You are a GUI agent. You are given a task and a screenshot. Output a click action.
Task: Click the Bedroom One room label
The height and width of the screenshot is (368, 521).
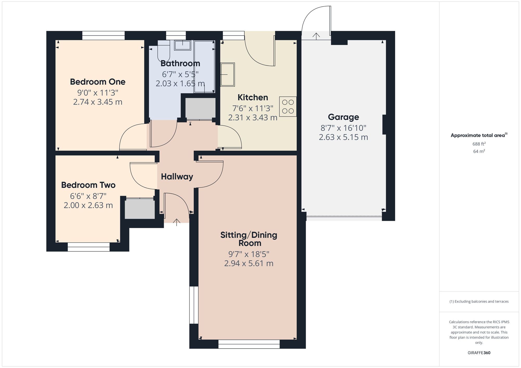pos(98,82)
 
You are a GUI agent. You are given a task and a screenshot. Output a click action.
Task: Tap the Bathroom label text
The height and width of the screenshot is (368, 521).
pos(180,63)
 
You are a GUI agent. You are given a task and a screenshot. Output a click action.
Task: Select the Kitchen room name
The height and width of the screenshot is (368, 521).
pos(253,97)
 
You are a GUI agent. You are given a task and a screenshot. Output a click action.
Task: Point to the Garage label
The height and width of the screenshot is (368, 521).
pos(343,117)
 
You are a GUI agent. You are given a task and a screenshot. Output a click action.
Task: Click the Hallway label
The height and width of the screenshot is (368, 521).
pos(177,177)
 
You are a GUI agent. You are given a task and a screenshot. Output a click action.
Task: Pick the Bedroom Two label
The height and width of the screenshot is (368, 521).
pos(88,185)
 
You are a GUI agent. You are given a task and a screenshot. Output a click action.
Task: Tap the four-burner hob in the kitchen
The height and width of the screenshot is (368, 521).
pos(288,107)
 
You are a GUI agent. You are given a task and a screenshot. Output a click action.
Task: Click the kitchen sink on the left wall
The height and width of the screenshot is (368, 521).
pos(228,74)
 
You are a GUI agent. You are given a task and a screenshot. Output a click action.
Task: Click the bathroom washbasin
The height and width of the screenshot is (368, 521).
pos(183,45)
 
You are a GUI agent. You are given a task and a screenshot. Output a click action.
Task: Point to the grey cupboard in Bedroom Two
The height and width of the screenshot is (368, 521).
pos(140,208)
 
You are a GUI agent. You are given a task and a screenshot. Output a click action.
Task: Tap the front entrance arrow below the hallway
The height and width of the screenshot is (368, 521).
pos(177,222)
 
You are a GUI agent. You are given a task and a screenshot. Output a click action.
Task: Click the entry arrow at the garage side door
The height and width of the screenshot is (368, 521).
pos(316,36)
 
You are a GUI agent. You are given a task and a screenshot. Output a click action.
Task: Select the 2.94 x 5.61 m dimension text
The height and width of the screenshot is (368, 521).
pos(249,263)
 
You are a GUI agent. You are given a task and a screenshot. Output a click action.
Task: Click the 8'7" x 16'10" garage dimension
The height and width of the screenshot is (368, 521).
pos(343,128)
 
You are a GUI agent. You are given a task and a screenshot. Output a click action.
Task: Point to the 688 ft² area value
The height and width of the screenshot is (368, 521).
pos(479,144)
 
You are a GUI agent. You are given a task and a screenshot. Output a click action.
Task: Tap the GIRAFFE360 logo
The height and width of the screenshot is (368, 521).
pos(479,353)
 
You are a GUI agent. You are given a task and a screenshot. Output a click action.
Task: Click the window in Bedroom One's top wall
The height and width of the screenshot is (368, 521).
pos(103,36)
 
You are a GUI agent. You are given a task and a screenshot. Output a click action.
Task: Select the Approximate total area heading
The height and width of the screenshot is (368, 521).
pos(479,135)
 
